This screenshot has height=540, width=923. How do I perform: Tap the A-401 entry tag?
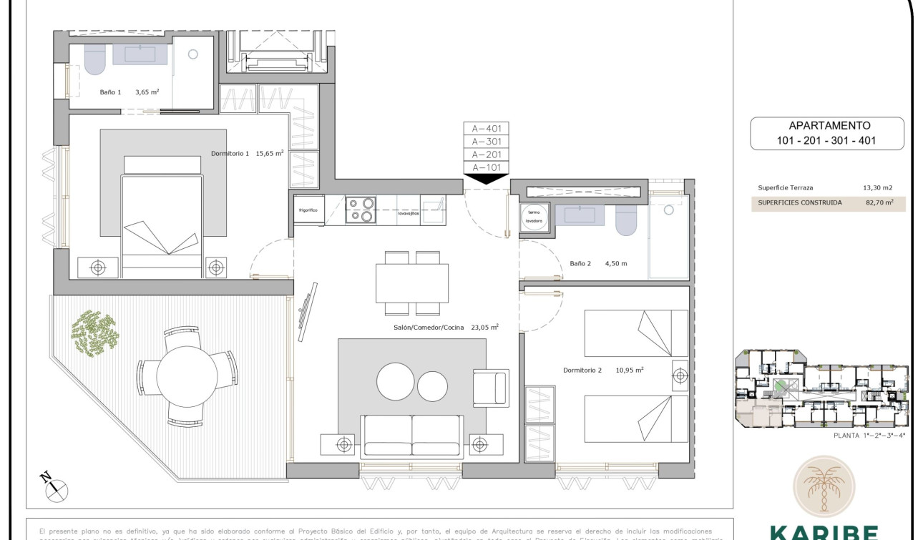tap(486, 129)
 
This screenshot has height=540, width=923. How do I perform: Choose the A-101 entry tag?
tap(486, 167)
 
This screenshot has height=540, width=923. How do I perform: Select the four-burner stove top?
tap(361, 210)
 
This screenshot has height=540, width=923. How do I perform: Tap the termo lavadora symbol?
tap(534, 217)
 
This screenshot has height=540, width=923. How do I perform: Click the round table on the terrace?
tap(187, 377)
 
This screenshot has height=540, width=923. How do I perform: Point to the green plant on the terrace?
tap(94, 333)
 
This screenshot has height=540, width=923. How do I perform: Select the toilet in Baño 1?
tap(94, 60)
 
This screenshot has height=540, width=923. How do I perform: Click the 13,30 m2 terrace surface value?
tap(877, 188)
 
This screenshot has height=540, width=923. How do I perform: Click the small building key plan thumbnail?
tap(823, 389)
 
